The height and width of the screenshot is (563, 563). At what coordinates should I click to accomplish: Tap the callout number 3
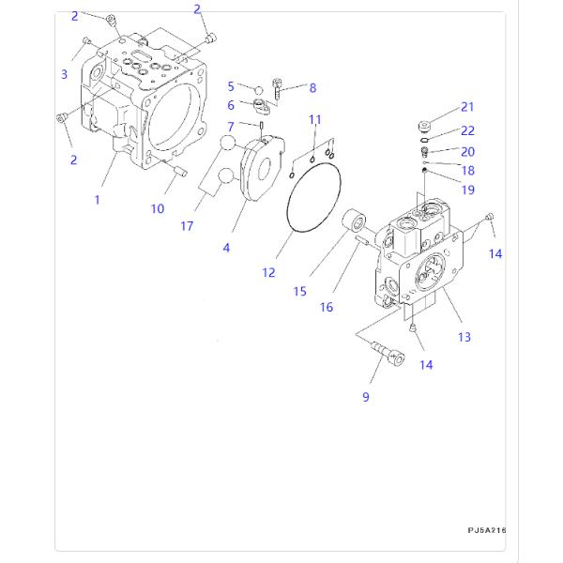[65, 74]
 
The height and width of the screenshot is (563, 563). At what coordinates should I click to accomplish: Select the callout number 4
[225, 248]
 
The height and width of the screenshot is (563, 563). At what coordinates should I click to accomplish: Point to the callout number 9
[366, 397]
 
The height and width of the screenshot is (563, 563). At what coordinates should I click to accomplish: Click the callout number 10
[157, 208]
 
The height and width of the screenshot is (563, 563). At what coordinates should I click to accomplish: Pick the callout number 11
[315, 119]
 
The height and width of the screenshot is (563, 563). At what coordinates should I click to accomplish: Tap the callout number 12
[268, 272]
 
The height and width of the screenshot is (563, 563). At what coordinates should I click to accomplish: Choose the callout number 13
[464, 337]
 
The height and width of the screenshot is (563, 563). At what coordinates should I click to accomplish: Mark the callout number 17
[187, 226]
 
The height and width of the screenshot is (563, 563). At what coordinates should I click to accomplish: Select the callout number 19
[467, 190]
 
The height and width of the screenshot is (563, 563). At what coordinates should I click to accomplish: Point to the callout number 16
[327, 306]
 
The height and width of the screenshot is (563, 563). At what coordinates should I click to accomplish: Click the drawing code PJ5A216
[487, 530]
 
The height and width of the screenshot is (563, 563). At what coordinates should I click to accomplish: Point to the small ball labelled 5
[257, 89]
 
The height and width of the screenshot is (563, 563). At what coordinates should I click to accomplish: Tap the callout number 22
[466, 130]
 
